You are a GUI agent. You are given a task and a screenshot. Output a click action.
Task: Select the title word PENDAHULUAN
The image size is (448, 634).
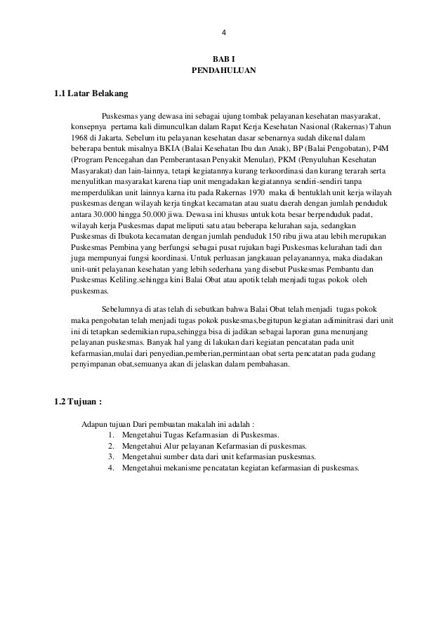click(x=224, y=72)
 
